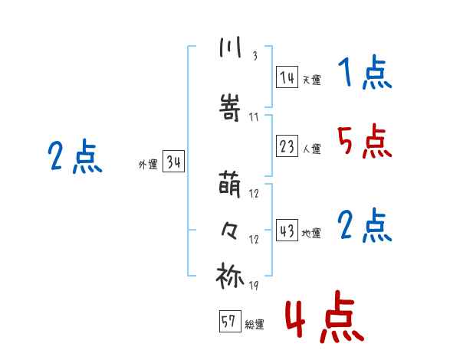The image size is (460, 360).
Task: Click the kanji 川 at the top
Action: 229,48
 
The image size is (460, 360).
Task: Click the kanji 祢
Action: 230,276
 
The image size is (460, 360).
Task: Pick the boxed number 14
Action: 287,77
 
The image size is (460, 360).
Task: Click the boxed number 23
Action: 287,146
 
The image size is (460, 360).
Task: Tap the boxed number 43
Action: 287,231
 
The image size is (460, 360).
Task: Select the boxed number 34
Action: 173,162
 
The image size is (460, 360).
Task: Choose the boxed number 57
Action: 229,322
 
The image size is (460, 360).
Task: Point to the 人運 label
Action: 311,149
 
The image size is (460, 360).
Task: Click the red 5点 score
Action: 363,142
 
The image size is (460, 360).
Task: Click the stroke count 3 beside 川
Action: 255,57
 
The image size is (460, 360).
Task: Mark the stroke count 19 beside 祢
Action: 254,286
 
